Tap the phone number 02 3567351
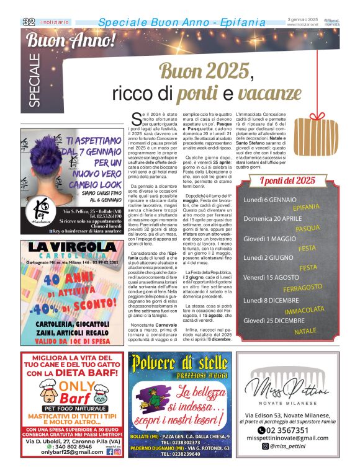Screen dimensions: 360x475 click(x=292, y=430)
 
